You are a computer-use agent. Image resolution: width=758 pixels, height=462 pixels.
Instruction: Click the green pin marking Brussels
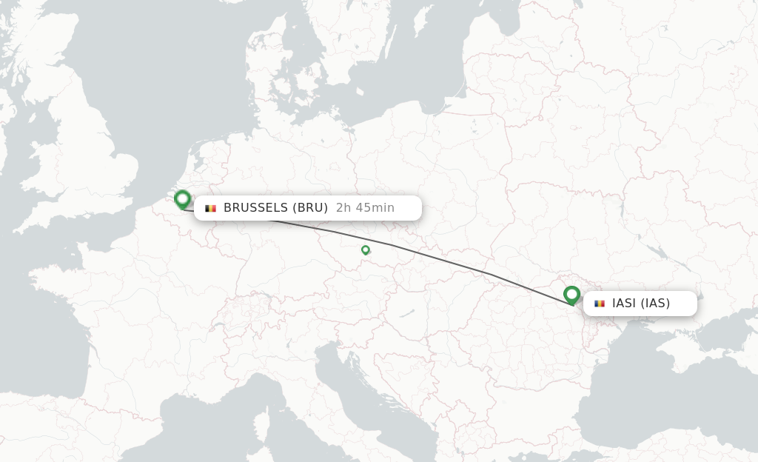(182, 199)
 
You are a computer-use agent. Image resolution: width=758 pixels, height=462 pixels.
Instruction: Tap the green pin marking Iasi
(571, 295)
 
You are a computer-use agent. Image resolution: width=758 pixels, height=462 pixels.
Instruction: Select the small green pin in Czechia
(365, 250)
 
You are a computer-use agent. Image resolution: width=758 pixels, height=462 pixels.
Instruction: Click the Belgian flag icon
(210, 208)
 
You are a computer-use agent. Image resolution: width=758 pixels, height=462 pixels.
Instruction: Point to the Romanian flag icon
(599, 304)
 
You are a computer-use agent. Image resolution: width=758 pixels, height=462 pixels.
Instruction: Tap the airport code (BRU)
(310, 208)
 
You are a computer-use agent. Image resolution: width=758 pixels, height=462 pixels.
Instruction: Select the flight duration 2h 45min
(365, 208)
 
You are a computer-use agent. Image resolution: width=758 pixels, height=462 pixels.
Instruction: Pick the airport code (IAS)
(655, 304)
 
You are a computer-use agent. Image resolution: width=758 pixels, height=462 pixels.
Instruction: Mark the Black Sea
(651, 392)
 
